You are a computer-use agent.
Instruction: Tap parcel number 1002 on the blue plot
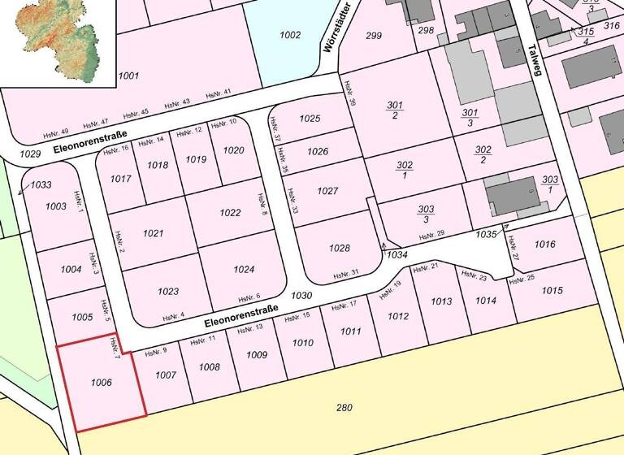coord(289,35)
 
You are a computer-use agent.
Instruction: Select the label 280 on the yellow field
coord(344,406)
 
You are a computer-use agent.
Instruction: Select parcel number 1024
coord(244,269)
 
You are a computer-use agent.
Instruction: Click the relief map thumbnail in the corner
coord(58,42)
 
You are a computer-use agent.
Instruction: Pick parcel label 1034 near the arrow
coord(396,254)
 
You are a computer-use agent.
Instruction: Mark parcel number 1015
coord(552,290)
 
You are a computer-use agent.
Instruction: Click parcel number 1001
coord(128,76)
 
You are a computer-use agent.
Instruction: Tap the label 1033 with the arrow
coord(41,185)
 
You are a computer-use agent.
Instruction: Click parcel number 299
coord(374,35)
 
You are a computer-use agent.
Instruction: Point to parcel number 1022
coord(230,213)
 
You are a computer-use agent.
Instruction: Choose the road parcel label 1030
coord(301,296)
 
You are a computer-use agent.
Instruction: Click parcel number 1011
coord(350,331)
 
